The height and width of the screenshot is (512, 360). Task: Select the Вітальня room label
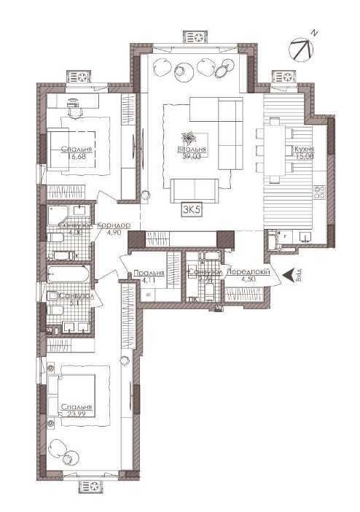(192, 147)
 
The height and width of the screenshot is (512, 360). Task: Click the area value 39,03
(192, 154)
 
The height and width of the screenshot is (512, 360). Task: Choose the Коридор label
(114, 225)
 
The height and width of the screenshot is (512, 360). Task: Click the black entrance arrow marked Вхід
(289, 275)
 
